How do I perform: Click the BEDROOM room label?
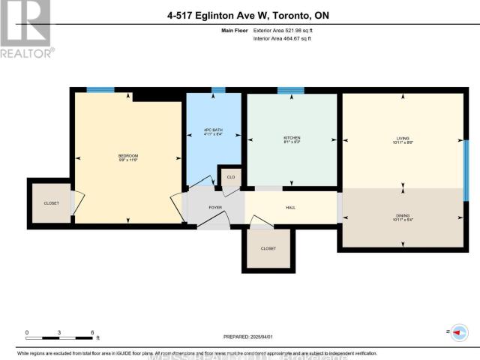(x=128, y=157)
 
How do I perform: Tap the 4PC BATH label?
(x=218, y=133)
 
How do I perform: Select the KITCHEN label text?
(x=292, y=139)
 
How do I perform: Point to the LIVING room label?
(x=403, y=139)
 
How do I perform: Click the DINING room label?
(x=403, y=217)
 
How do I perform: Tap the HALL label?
(x=289, y=206)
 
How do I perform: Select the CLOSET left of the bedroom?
(x=51, y=203)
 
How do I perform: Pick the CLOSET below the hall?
(x=268, y=248)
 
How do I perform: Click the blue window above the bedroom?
(x=100, y=90)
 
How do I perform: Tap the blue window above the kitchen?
(x=290, y=91)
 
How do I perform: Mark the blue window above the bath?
(x=218, y=90)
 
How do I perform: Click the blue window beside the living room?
(x=466, y=160)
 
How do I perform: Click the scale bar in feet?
(x=59, y=331)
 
